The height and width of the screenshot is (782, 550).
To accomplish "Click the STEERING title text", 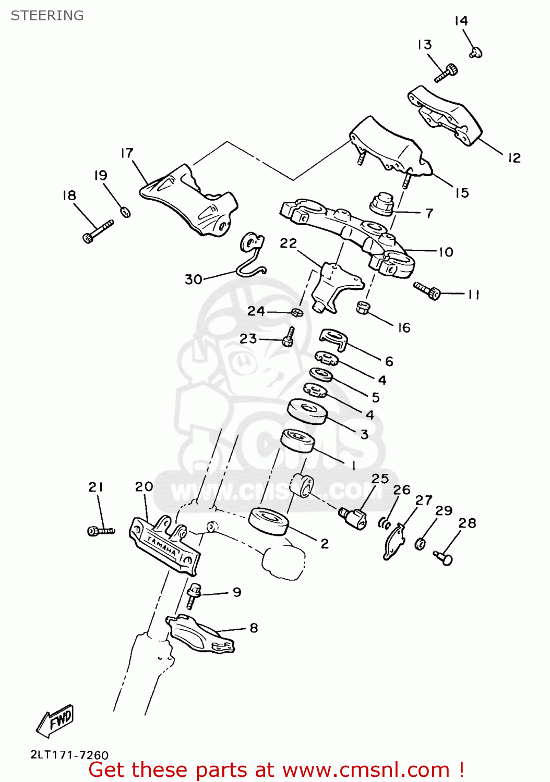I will click(47, 16).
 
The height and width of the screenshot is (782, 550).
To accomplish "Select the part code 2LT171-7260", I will click(69, 755).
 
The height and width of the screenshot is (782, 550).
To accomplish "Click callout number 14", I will click(461, 21).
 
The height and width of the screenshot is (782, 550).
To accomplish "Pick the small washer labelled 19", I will click(126, 212).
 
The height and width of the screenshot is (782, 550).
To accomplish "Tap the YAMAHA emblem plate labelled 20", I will click(164, 545).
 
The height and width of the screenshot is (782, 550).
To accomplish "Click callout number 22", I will click(288, 243).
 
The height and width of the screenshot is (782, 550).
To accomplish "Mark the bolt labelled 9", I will click(193, 595).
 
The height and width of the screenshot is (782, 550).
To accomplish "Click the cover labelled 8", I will click(200, 633).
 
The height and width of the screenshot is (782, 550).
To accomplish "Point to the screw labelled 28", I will click(443, 558).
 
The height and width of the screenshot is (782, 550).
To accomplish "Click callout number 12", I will click(514, 157).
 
